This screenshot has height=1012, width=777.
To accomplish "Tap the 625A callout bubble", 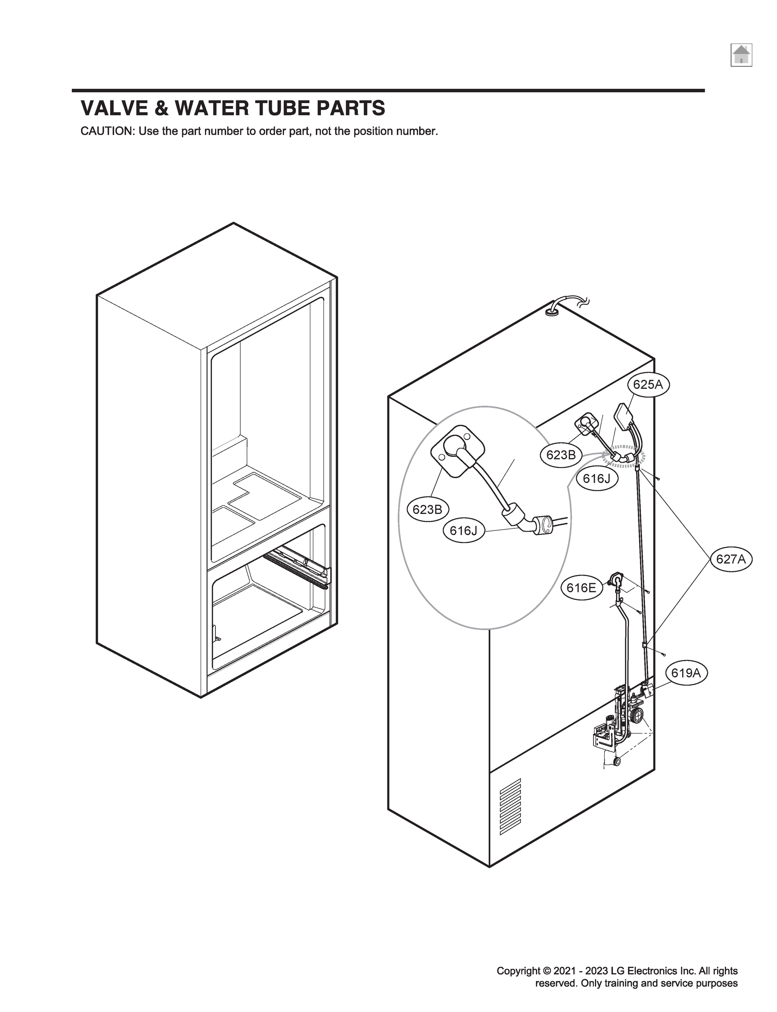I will point(648,385).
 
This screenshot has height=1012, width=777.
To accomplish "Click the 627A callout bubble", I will point(731,559).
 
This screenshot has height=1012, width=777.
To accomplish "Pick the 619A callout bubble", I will point(686,673).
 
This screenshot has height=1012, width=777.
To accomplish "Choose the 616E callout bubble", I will point(581,588).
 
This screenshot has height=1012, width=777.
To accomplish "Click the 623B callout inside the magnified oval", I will point(427,510).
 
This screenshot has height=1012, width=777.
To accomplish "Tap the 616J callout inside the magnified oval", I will point(463,530).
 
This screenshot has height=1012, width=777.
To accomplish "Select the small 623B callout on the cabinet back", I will point(561,455).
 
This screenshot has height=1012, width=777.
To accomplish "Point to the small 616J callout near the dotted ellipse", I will point(597,479).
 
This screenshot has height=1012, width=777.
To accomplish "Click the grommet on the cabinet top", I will point(551,312).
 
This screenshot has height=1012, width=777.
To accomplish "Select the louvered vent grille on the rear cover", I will point(510,806).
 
